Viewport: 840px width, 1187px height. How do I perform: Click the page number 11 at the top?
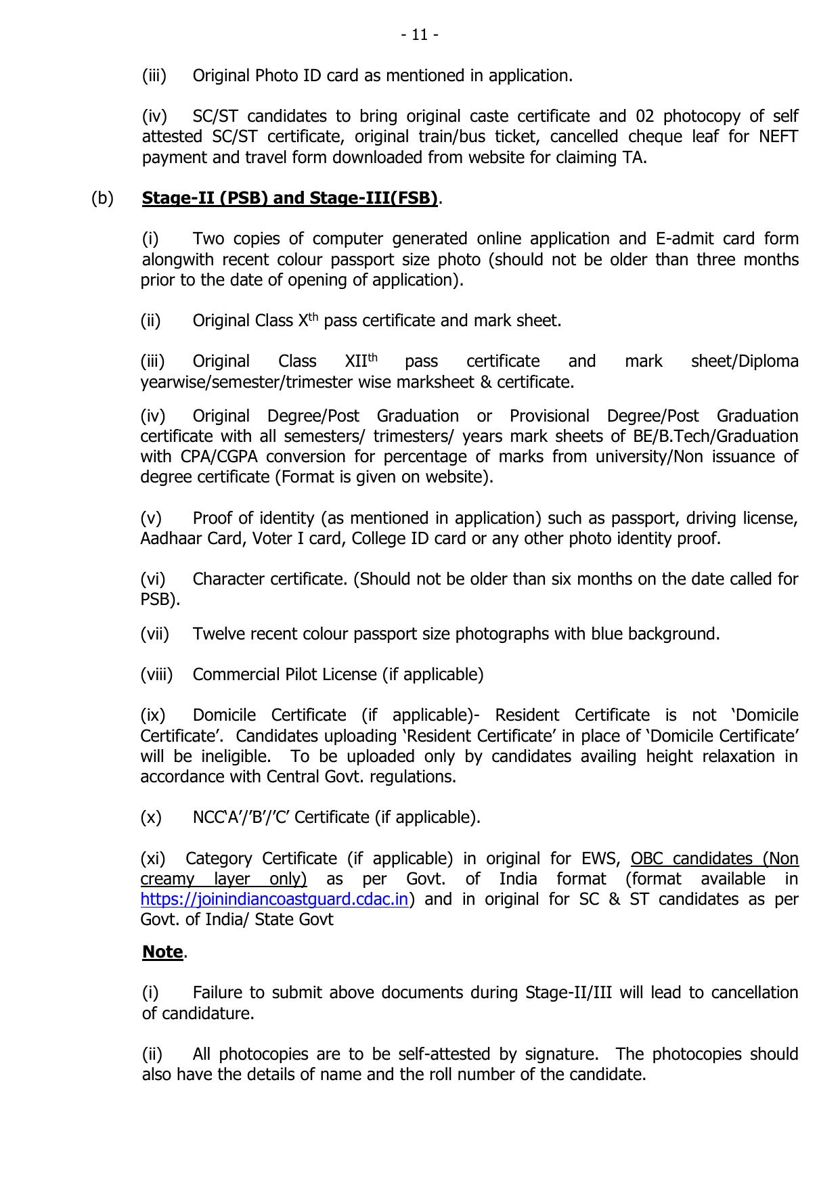click(x=420, y=35)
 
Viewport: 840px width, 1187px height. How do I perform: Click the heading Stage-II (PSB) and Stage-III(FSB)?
click(x=290, y=198)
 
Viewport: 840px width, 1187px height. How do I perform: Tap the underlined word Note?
click(x=162, y=952)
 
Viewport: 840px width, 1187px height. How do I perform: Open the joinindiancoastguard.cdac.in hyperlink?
click(x=275, y=900)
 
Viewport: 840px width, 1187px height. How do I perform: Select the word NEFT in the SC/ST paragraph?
click(x=778, y=137)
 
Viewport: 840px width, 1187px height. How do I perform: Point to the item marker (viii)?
click(x=157, y=675)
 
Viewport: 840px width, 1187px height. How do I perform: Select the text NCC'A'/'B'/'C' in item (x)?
click(x=241, y=818)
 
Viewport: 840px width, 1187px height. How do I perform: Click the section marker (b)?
click(x=103, y=198)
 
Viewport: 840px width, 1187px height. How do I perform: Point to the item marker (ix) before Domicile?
click(x=153, y=715)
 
